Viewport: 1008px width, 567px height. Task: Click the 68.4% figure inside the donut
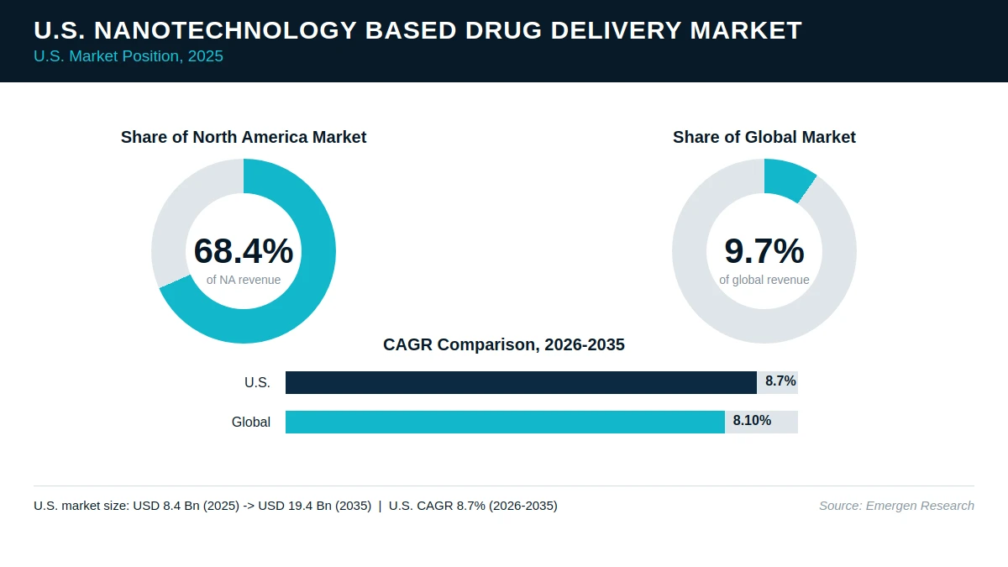(244, 250)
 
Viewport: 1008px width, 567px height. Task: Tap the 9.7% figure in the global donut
(764, 250)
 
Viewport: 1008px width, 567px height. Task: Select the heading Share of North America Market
(244, 137)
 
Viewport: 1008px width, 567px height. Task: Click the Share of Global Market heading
(764, 137)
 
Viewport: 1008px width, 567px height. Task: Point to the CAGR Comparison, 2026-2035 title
(503, 344)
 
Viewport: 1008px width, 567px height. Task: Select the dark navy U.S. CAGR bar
(521, 382)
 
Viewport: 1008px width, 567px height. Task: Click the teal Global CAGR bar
(505, 422)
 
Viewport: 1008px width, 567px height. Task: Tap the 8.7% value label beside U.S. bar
(780, 381)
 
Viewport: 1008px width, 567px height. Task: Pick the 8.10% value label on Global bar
(752, 420)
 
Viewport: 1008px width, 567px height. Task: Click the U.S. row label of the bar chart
(257, 382)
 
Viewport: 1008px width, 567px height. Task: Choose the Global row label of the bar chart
(251, 422)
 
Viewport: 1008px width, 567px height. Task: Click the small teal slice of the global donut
(789, 178)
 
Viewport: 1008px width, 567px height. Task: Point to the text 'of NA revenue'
(244, 280)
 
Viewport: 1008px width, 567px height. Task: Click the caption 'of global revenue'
(764, 280)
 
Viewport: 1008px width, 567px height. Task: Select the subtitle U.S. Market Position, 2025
(129, 56)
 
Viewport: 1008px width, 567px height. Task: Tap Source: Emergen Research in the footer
(896, 506)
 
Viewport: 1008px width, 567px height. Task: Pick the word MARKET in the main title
(746, 30)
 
